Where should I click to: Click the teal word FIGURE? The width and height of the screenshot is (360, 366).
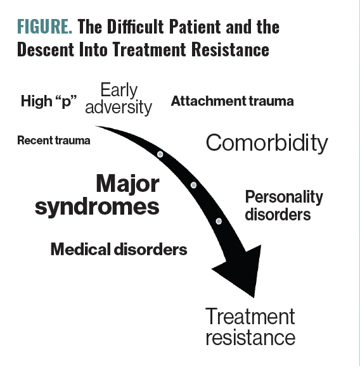(x=44, y=27)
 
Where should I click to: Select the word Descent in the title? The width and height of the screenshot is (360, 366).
(x=46, y=49)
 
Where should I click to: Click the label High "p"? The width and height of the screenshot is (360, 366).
(x=49, y=101)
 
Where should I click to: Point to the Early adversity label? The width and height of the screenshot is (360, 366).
(x=119, y=99)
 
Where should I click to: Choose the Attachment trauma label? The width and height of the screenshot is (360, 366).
(x=232, y=101)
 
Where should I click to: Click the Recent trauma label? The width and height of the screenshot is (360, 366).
(x=54, y=141)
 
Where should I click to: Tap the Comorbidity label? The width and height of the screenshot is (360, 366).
(x=267, y=143)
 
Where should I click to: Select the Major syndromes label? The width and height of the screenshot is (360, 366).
(x=97, y=195)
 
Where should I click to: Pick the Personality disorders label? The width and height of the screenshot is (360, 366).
(x=284, y=205)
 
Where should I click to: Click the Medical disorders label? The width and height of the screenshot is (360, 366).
(x=119, y=249)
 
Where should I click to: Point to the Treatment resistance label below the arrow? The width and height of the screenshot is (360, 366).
(x=250, y=327)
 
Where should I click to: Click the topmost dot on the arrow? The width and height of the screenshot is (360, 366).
(x=160, y=155)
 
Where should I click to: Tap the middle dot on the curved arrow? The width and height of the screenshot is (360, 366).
(x=193, y=186)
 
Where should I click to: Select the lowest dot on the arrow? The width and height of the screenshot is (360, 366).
(x=219, y=221)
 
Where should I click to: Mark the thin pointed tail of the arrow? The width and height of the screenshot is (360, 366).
(x=96, y=126)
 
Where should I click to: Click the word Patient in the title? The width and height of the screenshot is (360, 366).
(x=195, y=26)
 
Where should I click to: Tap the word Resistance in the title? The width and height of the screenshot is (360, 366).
(x=230, y=49)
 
